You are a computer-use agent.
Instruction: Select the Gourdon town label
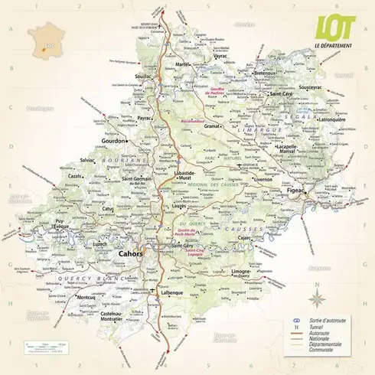coord(116,142)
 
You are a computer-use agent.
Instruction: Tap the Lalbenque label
coord(172,292)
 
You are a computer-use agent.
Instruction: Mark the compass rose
coord(318,293)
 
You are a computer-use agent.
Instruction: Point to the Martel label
coord(183,65)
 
